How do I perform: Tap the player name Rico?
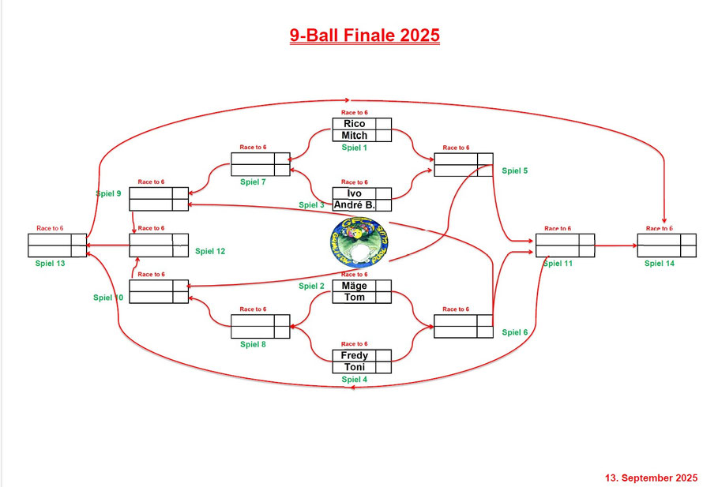(x=354, y=124)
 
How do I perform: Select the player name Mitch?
(x=354, y=136)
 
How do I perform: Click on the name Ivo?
(x=354, y=193)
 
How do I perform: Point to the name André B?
(x=354, y=205)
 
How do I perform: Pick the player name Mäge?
(x=354, y=286)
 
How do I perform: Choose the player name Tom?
(x=354, y=298)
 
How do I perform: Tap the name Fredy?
(x=354, y=355)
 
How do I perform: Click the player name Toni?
(x=354, y=367)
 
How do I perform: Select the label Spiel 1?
(x=355, y=148)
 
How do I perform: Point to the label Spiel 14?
(x=659, y=263)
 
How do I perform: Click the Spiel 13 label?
(x=51, y=263)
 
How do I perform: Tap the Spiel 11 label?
(x=558, y=263)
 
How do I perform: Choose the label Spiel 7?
(x=253, y=182)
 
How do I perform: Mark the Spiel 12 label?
(x=210, y=251)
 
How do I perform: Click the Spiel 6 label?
(x=514, y=332)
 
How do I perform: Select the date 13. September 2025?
(x=652, y=478)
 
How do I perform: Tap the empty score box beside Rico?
(x=383, y=124)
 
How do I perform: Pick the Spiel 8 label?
(x=253, y=344)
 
